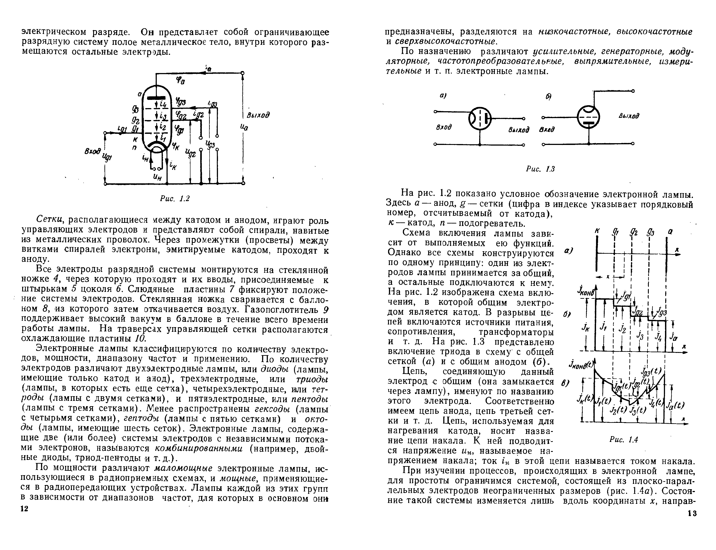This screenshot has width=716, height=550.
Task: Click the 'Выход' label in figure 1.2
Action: pos(258,115)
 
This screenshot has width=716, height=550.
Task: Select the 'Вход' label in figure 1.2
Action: pos(92,152)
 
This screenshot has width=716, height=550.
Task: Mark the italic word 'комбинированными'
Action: pos(198,448)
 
